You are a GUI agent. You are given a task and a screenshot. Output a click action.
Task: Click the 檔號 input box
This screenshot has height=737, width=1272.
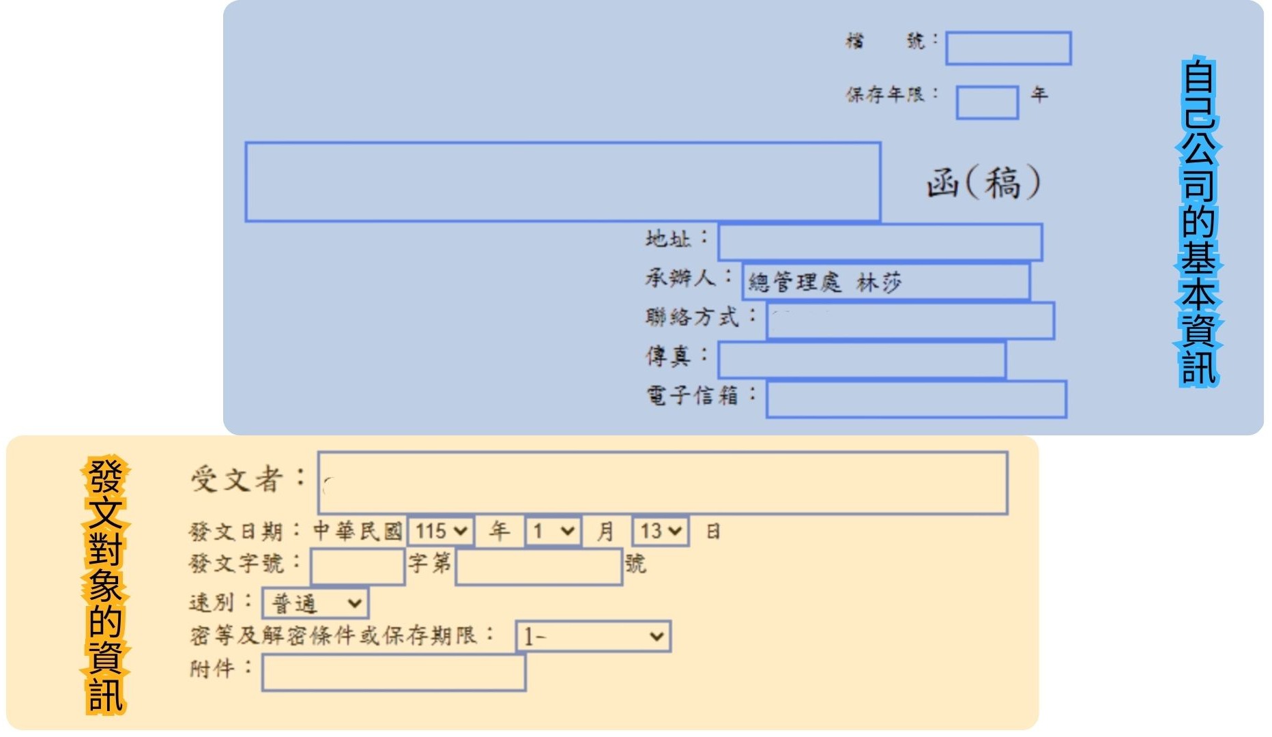click(1008, 48)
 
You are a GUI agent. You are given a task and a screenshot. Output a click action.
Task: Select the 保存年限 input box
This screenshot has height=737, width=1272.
click(987, 102)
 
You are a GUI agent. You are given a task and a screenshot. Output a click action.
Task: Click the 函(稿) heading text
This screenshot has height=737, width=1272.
click(983, 183)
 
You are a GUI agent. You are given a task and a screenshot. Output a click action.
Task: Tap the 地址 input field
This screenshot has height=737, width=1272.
click(880, 242)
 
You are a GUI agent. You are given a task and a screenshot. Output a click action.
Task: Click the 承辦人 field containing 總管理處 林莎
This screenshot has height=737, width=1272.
click(886, 281)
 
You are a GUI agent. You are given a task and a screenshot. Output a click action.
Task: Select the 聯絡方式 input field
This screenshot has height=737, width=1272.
click(910, 321)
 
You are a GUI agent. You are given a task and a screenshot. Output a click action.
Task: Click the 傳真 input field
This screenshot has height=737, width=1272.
click(861, 360)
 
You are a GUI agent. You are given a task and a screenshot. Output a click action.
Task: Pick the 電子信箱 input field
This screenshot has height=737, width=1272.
click(916, 399)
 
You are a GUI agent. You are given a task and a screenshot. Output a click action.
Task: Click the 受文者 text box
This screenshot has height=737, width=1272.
click(662, 482)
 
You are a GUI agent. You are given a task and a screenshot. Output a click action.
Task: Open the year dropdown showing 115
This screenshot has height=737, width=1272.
click(440, 531)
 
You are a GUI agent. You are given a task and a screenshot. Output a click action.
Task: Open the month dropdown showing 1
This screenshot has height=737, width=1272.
click(553, 531)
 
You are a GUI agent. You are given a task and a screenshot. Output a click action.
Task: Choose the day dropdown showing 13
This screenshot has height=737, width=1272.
click(660, 531)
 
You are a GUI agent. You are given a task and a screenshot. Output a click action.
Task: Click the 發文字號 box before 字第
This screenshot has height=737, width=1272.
click(358, 566)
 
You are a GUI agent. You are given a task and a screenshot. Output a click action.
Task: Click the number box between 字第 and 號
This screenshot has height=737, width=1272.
click(538, 566)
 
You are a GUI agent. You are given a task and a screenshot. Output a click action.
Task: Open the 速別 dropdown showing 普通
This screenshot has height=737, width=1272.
click(315, 603)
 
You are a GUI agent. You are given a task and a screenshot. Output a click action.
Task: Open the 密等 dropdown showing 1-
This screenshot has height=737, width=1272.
click(592, 637)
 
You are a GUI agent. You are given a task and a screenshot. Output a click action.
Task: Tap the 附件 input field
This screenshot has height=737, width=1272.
click(393, 672)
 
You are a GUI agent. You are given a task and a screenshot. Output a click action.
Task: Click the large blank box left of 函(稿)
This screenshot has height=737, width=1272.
click(562, 182)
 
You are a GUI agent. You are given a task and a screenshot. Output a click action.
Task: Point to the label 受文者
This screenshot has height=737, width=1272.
click(236, 479)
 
